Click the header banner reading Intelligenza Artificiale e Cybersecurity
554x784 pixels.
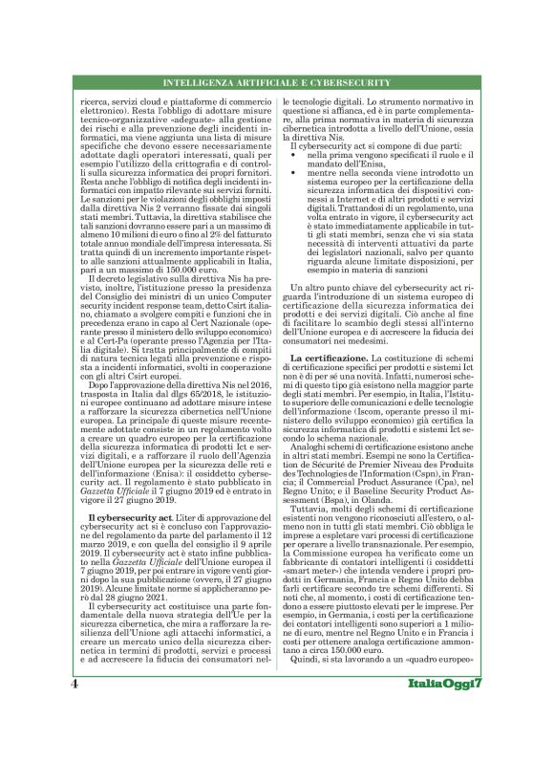(x=277, y=83)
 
